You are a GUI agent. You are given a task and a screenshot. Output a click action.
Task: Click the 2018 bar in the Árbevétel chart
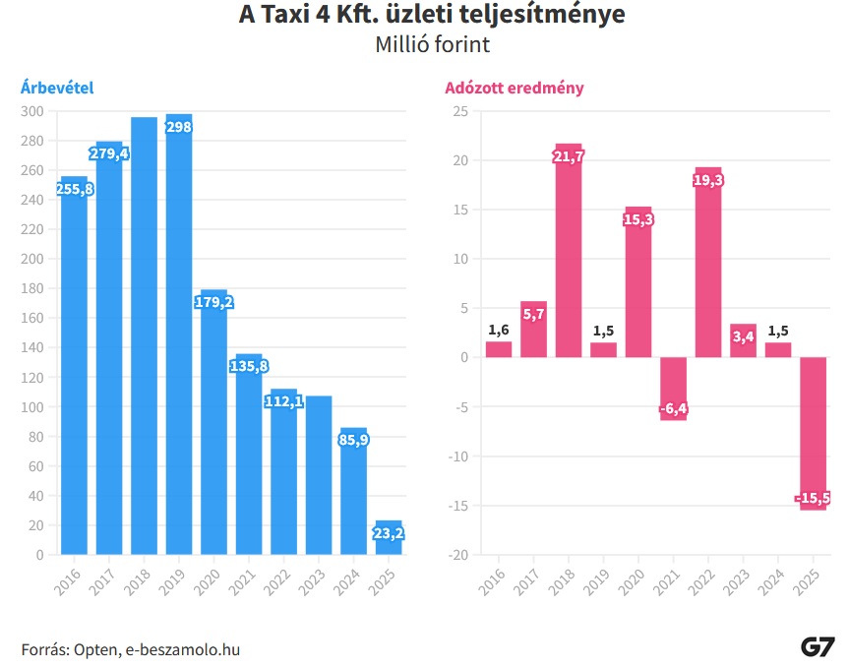click(x=144, y=334)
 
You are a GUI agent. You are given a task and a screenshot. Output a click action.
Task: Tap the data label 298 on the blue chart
click(x=178, y=129)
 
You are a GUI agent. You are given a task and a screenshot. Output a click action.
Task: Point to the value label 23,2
click(x=389, y=533)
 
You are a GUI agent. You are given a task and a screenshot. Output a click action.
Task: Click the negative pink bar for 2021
click(x=674, y=388)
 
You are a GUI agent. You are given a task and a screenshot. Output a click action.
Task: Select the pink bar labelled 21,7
click(x=569, y=250)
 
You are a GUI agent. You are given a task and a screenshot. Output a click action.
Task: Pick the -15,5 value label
click(x=813, y=499)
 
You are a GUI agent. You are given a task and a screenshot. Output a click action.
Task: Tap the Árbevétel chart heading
click(x=57, y=88)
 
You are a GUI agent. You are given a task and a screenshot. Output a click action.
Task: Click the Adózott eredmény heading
click(x=515, y=88)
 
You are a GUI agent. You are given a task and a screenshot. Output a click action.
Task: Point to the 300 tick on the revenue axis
click(x=33, y=111)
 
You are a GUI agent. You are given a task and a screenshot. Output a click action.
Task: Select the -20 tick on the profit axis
click(x=457, y=555)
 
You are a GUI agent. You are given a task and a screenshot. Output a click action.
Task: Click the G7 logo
click(x=818, y=647)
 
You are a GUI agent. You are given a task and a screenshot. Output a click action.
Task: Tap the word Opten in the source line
click(x=93, y=649)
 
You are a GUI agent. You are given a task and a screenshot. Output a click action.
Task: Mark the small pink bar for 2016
click(x=499, y=349)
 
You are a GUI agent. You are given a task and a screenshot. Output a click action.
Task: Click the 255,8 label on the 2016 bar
click(x=75, y=189)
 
